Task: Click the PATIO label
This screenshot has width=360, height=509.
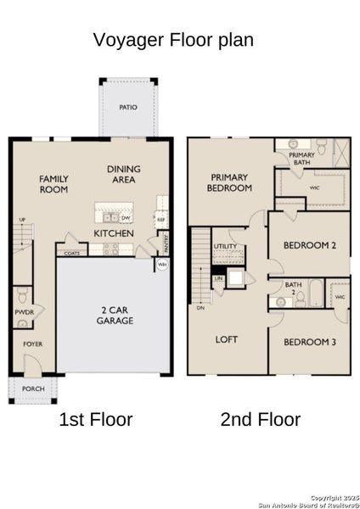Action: pos(127,108)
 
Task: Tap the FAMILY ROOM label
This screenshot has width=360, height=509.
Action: pos(53,184)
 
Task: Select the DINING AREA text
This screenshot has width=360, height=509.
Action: pos(124,175)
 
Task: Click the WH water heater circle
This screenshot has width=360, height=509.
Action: pos(161,265)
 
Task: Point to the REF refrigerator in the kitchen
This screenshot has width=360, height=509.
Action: pos(160,219)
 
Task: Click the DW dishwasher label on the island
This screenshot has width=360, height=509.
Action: pos(124,217)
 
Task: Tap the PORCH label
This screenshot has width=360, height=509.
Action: pos(33,389)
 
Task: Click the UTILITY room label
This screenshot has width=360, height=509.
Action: pos(226,245)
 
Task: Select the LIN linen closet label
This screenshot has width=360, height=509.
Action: pos(218,277)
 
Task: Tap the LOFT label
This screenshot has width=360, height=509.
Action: pos(227,339)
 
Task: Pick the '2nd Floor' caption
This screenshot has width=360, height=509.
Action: pos(261,419)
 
